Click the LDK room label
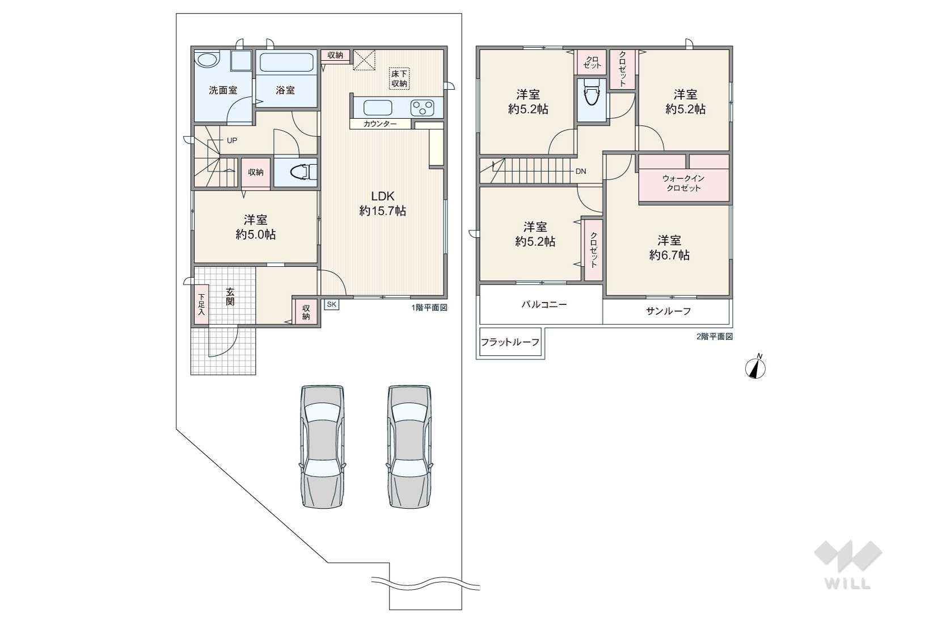pyautogui.click(x=382, y=196)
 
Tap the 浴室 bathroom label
pyautogui.click(x=285, y=90)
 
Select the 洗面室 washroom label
pyautogui.click(x=223, y=90)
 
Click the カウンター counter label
pyautogui.click(x=381, y=124)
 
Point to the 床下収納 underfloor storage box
pyautogui.click(x=399, y=78)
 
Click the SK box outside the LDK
pyautogui.click(x=331, y=304)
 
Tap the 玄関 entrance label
pyautogui.click(x=230, y=296)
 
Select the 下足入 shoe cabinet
pyautogui.click(x=201, y=304)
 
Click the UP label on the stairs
pyautogui.click(x=232, y=140)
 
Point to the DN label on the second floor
pyautogui.click(x=581, y=171)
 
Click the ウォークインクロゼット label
pyautogui.click(x=683, y=183)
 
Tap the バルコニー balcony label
pyautogui.click(x=544, y=304)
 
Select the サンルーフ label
pyautogui.click(x=669, y=311)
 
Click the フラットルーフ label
pyautogui.click(x=510, y=342)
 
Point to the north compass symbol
pyautogui.click(x=755, y=367)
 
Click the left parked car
pyautogui.click(x=323, y=446)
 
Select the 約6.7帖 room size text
pyautogui.click(x=669, y=255)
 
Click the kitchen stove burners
pyautogui.click(x=422, y=108)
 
